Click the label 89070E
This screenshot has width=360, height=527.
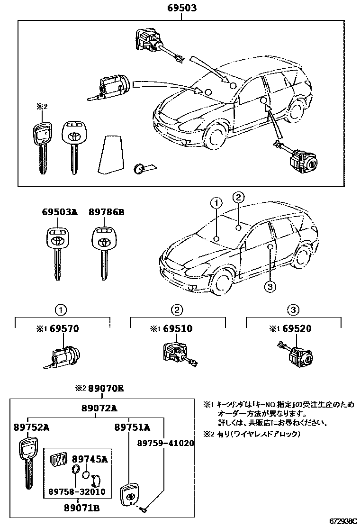105,389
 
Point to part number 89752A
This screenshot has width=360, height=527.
31,427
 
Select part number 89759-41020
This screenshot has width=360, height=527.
165,443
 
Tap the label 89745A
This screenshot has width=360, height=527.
90,459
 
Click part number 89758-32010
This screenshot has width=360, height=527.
77,491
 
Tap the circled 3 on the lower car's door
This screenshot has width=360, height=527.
270,286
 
